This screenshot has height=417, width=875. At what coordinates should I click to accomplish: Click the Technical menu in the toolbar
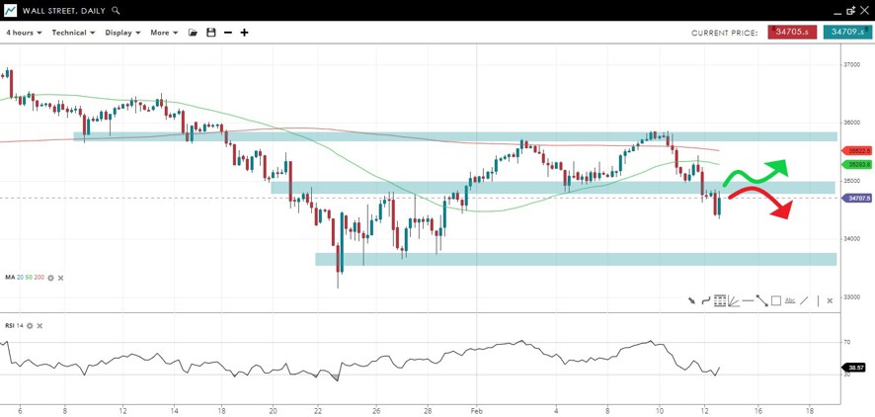click(73, 33)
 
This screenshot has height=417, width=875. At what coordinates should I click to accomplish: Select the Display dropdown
click(122, 33)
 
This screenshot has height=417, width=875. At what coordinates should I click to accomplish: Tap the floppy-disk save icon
click(210, 33)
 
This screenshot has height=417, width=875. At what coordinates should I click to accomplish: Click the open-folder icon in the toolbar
click(194, 33)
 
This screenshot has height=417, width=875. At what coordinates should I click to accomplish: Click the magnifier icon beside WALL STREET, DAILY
click(116, 10)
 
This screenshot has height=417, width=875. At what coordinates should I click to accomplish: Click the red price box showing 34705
click(792, 33)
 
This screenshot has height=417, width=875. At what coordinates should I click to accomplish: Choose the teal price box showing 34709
click(847, 33)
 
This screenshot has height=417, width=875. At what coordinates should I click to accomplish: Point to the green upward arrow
click(780, 165)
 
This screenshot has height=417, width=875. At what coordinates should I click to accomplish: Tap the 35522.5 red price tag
click(855, 150)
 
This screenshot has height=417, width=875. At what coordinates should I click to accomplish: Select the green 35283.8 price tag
click(855, 164)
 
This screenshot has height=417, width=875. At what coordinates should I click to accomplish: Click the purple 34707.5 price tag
click(855, 198)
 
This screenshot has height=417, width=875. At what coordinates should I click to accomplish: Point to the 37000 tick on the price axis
click(850, 65)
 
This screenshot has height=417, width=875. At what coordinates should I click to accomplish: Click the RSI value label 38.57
click(855, 367)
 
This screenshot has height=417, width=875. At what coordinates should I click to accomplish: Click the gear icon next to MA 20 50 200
click(50, 278)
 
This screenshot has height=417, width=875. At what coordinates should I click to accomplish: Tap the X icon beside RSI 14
click(40, 325)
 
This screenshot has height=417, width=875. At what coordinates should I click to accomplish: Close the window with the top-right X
click(865, 10)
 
